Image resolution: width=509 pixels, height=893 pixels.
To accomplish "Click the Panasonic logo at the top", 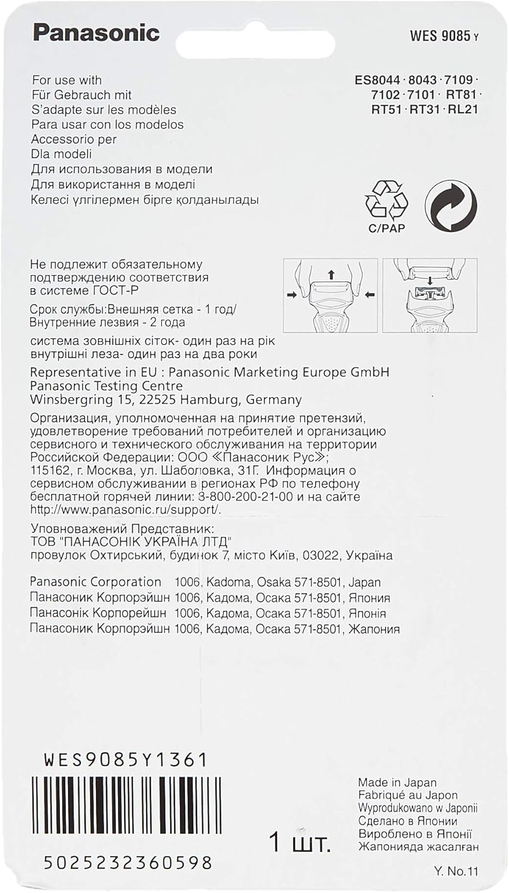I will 96,33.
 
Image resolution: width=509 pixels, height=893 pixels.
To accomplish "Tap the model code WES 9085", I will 440,36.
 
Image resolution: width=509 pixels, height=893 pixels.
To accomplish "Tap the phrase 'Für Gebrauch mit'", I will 82,95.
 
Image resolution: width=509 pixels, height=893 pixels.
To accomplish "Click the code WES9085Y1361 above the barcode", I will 126,760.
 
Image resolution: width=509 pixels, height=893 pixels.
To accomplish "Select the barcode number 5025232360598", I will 128,861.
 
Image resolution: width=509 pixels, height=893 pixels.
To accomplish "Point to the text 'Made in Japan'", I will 397,782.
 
